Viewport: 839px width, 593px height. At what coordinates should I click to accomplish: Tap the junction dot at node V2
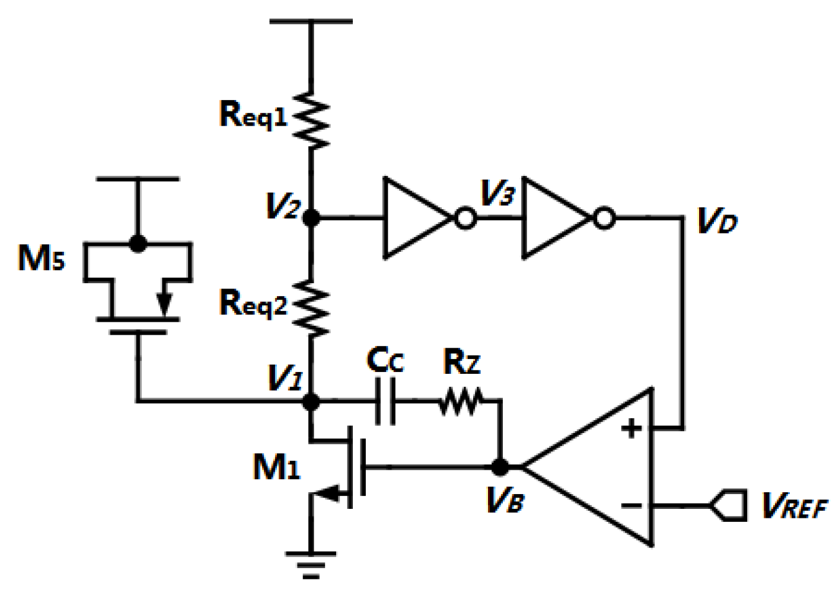pos(311,218)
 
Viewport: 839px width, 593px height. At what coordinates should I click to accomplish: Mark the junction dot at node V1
pos(311,402)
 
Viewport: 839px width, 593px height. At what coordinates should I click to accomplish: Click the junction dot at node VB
pos(500,467)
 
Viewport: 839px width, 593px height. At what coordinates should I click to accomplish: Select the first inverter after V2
pos(418,218)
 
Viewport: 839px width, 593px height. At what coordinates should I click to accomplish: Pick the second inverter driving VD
pos(556,218)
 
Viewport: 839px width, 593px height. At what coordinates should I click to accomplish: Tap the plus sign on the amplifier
pos(631,428)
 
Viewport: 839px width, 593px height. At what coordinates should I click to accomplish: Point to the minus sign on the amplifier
pos(631,505)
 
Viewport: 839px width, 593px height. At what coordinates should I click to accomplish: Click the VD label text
pos(717,221)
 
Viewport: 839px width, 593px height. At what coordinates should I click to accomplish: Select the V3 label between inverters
pos(497,193)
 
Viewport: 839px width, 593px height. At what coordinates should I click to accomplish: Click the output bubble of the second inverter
pos(604,219)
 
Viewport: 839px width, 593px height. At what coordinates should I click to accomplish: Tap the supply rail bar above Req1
pos(311,21)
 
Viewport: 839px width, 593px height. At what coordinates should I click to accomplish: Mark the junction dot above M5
pos(138,243)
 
